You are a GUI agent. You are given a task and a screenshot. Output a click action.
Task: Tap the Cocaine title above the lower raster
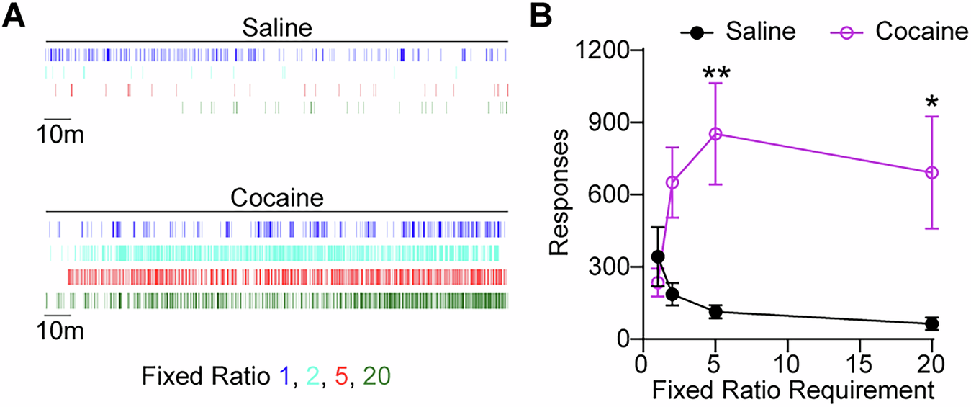(276, 197)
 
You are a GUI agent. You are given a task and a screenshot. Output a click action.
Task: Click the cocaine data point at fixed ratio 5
(715, 134)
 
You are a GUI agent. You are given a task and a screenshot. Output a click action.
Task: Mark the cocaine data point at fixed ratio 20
(932, 172)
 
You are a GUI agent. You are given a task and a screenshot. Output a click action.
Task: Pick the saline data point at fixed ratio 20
(932, 323)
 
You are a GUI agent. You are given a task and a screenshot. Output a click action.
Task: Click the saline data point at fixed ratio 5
(715, 312)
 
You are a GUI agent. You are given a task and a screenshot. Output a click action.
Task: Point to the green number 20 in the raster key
(376, 375)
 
